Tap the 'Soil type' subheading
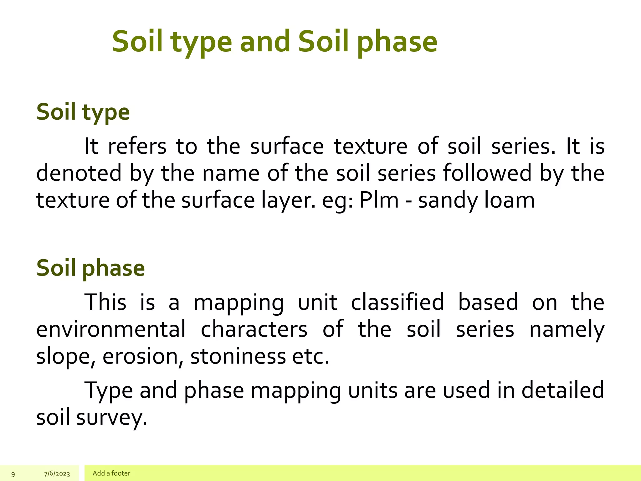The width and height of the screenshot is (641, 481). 83,112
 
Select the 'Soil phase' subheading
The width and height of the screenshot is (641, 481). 90,268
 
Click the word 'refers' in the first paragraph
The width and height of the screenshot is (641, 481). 137,147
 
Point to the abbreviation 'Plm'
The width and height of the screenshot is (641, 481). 379,200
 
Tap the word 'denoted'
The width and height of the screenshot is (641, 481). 79,173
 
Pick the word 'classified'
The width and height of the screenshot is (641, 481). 397,302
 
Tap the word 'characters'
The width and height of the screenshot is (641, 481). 254,329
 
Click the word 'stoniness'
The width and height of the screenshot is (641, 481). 238,356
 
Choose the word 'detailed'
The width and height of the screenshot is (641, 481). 562,390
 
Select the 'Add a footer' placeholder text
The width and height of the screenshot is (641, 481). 111,473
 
